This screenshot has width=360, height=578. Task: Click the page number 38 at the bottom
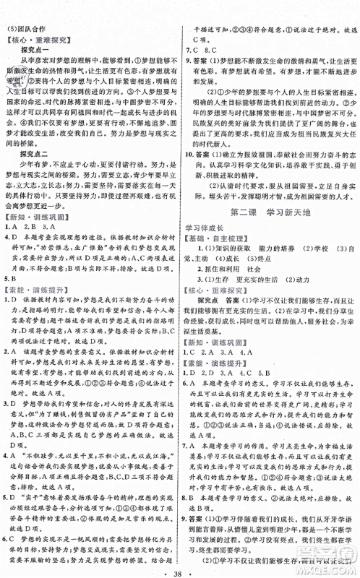(x=181, y=561)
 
